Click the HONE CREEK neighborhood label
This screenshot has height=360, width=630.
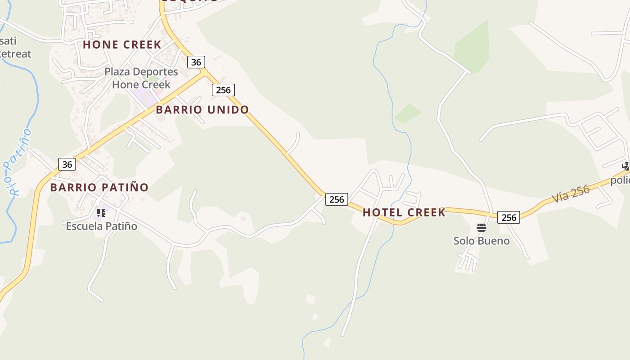point(122,45)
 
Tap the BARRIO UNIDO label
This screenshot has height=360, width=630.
point(202,110)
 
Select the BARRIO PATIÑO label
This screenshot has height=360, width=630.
point(99,187)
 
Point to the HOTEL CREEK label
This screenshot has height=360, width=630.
point(404,212)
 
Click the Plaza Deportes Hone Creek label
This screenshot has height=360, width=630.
point(141,78)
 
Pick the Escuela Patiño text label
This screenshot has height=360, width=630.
point(102,226)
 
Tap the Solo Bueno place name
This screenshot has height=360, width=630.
point(481,241)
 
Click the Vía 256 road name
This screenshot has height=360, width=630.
point(571,193)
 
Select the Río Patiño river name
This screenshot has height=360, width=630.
point(18,162)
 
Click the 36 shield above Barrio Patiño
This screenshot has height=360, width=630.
point(67,164)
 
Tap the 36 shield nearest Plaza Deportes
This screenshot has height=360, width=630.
point(196,62)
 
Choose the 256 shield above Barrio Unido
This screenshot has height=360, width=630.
point(223,90)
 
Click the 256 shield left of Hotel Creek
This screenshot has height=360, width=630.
point(337,199)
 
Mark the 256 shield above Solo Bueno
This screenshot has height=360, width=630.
point(508,217)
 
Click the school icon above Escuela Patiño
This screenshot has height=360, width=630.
point(101,212)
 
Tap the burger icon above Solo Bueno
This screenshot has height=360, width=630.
point(481,228)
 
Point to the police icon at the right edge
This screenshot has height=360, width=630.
point(626,166)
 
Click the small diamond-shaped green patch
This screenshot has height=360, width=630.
point(408,113)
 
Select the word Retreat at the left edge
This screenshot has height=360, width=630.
point(15,54)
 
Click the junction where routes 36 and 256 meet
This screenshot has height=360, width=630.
point(204,72)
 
